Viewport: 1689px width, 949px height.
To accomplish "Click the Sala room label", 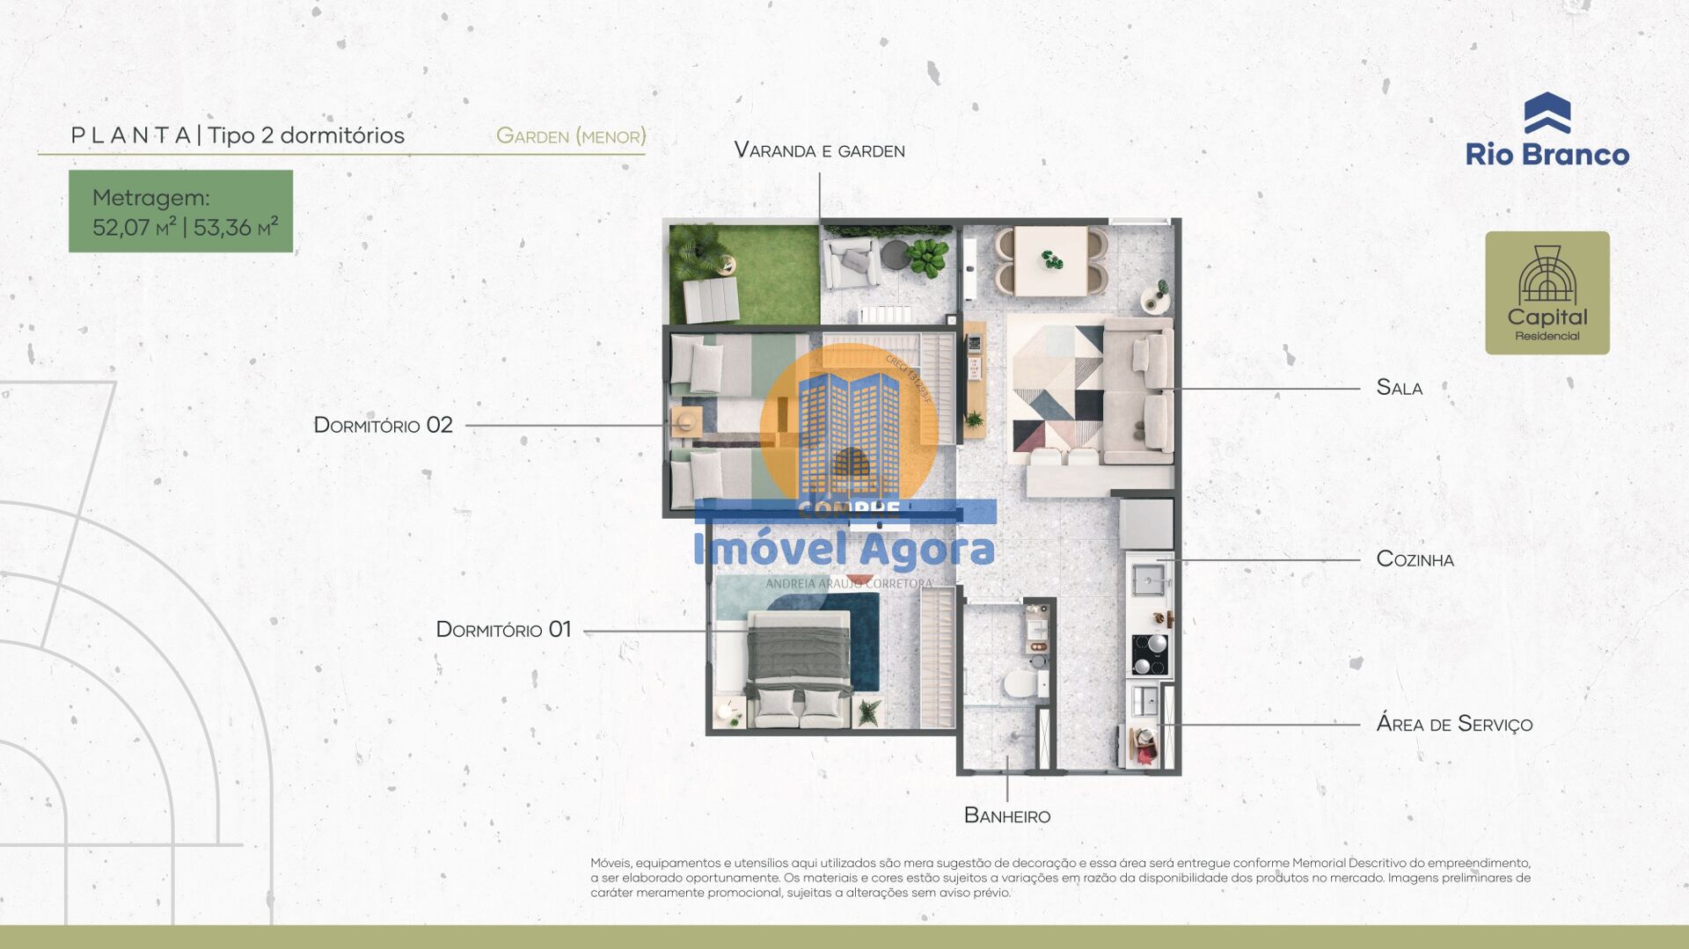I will pyautogui.click(x=1399, y=388).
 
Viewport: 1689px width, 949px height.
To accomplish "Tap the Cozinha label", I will pyautogui.click(x=1415, y=559).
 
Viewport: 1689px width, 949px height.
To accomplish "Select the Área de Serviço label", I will pyautogui.click(x=1453, y=724).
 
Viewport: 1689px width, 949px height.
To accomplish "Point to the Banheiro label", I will pyautogui.click(x=1007, y=816).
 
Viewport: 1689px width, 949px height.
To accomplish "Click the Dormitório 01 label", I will pyautogui.click(x=503, y=630).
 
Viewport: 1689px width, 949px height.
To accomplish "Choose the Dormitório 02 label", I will pyautogui.click(x=383, y=426).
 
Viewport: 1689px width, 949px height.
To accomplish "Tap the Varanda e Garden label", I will pyautogui.click(x=819, y=150).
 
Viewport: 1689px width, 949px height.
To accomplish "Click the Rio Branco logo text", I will pyautogui.click(x=1546, y=155).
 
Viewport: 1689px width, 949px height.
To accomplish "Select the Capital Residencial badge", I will pyautogui.click(x=1546, y=293).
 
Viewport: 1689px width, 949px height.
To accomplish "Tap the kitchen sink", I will pyautogui.click(x=1148, y=580).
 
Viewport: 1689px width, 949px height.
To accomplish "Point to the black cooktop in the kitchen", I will pyautogui.click(x=1149, y=653).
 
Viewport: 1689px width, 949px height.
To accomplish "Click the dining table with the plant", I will pyautogui.click(x=1050, y=260).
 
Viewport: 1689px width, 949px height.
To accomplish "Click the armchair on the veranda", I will pyautogui.click(x=851, y=264).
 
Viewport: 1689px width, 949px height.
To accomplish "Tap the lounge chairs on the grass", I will pyautogui.click(x=712, y=299).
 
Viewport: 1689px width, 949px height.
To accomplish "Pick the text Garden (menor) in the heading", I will pyautogui.click(x=571, y=136).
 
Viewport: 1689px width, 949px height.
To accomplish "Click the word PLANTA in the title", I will pyautogui.click(x=131, y=135).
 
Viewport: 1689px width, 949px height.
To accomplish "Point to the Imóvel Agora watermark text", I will pyautogui.click(x=844, y=550).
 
